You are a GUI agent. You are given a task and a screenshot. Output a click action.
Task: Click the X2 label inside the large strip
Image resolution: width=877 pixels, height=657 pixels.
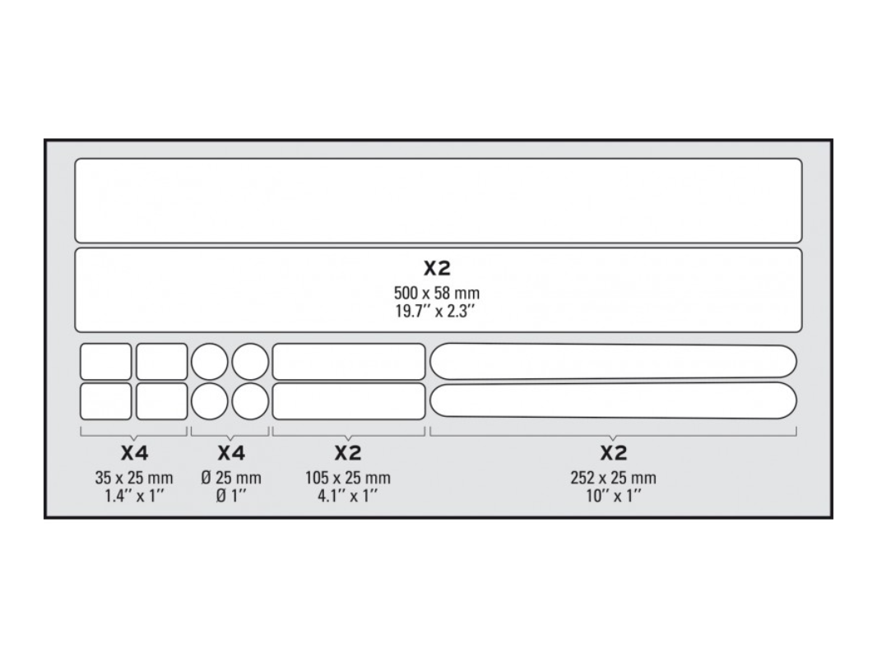(436, 268)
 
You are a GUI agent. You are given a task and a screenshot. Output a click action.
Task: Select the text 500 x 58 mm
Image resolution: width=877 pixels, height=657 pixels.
(436, 293)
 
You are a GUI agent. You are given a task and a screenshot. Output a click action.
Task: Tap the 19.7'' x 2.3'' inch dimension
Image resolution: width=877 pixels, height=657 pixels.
(436, 311)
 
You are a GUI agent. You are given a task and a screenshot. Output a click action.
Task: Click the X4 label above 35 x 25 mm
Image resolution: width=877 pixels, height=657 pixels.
(134, 453)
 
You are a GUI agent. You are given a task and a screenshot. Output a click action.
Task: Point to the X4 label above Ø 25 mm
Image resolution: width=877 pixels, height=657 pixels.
(231, 453)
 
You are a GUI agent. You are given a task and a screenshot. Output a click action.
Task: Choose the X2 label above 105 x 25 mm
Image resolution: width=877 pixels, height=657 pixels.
(347, 453)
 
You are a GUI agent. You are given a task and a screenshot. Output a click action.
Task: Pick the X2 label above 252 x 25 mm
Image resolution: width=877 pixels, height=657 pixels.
(613, 453)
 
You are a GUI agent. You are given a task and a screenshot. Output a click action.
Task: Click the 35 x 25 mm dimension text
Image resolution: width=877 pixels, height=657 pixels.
(134, 478)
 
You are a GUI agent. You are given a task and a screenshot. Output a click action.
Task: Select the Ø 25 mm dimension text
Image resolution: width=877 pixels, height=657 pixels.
(231, 478)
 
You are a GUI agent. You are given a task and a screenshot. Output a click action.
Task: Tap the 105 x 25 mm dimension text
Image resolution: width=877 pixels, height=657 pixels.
(347, 478)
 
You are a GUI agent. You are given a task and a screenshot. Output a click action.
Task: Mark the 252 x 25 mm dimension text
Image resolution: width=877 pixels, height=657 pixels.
(613, 478)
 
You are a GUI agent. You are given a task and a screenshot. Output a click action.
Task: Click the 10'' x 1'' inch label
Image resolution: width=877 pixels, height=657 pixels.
(613, 495)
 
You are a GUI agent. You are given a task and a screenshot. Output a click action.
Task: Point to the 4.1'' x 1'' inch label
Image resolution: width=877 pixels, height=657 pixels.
(347, 495)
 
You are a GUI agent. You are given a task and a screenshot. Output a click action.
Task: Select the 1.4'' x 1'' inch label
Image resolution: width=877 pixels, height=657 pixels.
(134, 495)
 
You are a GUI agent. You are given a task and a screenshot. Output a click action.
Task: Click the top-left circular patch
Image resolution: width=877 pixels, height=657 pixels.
(209, 362)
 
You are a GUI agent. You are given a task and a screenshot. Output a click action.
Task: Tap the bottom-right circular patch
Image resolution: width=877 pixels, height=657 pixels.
(250, 401)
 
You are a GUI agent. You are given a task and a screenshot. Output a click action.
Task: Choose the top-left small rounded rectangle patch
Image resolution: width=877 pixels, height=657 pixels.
(105, 362)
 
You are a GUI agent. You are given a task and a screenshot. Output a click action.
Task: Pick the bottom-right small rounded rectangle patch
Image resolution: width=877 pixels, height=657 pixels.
(161, 401)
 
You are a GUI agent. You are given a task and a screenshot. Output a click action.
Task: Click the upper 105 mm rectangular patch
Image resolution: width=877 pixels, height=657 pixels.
(349, 362)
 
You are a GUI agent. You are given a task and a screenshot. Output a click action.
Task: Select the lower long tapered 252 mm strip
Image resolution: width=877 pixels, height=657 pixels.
(613, 400)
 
